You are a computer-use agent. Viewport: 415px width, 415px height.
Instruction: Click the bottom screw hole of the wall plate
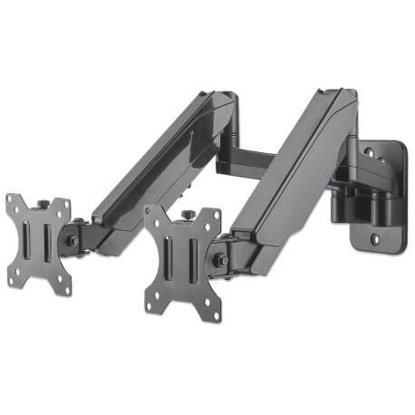coord(377,239)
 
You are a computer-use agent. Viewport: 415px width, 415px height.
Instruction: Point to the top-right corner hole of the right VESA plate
coord(214,218)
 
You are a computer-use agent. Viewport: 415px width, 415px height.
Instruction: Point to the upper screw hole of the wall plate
coord(391,156)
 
